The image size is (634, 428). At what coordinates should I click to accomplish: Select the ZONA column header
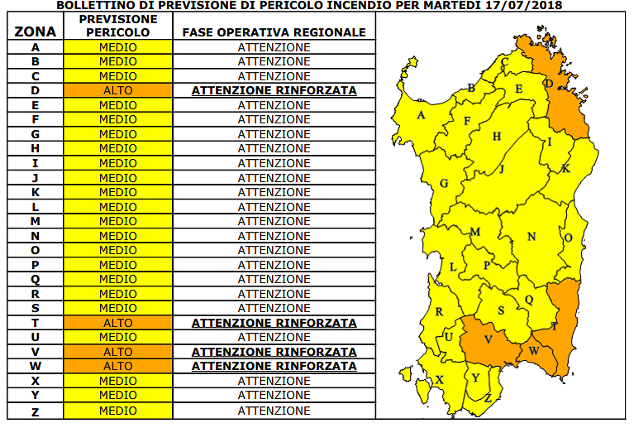[x=36, y=32]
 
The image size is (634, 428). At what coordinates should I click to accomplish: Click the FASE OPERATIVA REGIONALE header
[x=274, y=32]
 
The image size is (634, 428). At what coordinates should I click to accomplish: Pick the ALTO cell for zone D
[x=118, y=90]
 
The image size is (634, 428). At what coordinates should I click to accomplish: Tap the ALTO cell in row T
[x=118, y=323]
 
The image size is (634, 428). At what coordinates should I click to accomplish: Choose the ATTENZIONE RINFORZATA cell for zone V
[x=274, y=352]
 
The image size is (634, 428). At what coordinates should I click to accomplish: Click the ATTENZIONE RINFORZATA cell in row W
[x=274, y=366]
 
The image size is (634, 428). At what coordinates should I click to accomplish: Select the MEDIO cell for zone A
[x=118, y=47]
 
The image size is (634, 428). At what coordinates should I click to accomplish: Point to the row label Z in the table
[x=36, y=410]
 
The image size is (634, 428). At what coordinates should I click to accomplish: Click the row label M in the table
[x=36, y=221]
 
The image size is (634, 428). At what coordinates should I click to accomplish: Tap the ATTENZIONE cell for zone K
[x=274, y=192]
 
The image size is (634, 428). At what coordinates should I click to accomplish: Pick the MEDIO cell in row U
[x=118, y=337]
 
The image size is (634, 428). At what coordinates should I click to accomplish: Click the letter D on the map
[x=548, y=84]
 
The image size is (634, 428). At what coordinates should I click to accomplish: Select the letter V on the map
[x=488, y=339]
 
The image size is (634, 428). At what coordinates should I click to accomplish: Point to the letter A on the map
[x=421, y=116]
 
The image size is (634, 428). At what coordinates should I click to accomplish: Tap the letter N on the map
[x=532, y=237]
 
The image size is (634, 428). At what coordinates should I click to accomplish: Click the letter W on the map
[x=533, y=351]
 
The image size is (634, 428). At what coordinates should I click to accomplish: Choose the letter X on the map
[x=439, y=380]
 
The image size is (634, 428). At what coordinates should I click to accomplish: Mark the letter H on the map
[x=497, y=137]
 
